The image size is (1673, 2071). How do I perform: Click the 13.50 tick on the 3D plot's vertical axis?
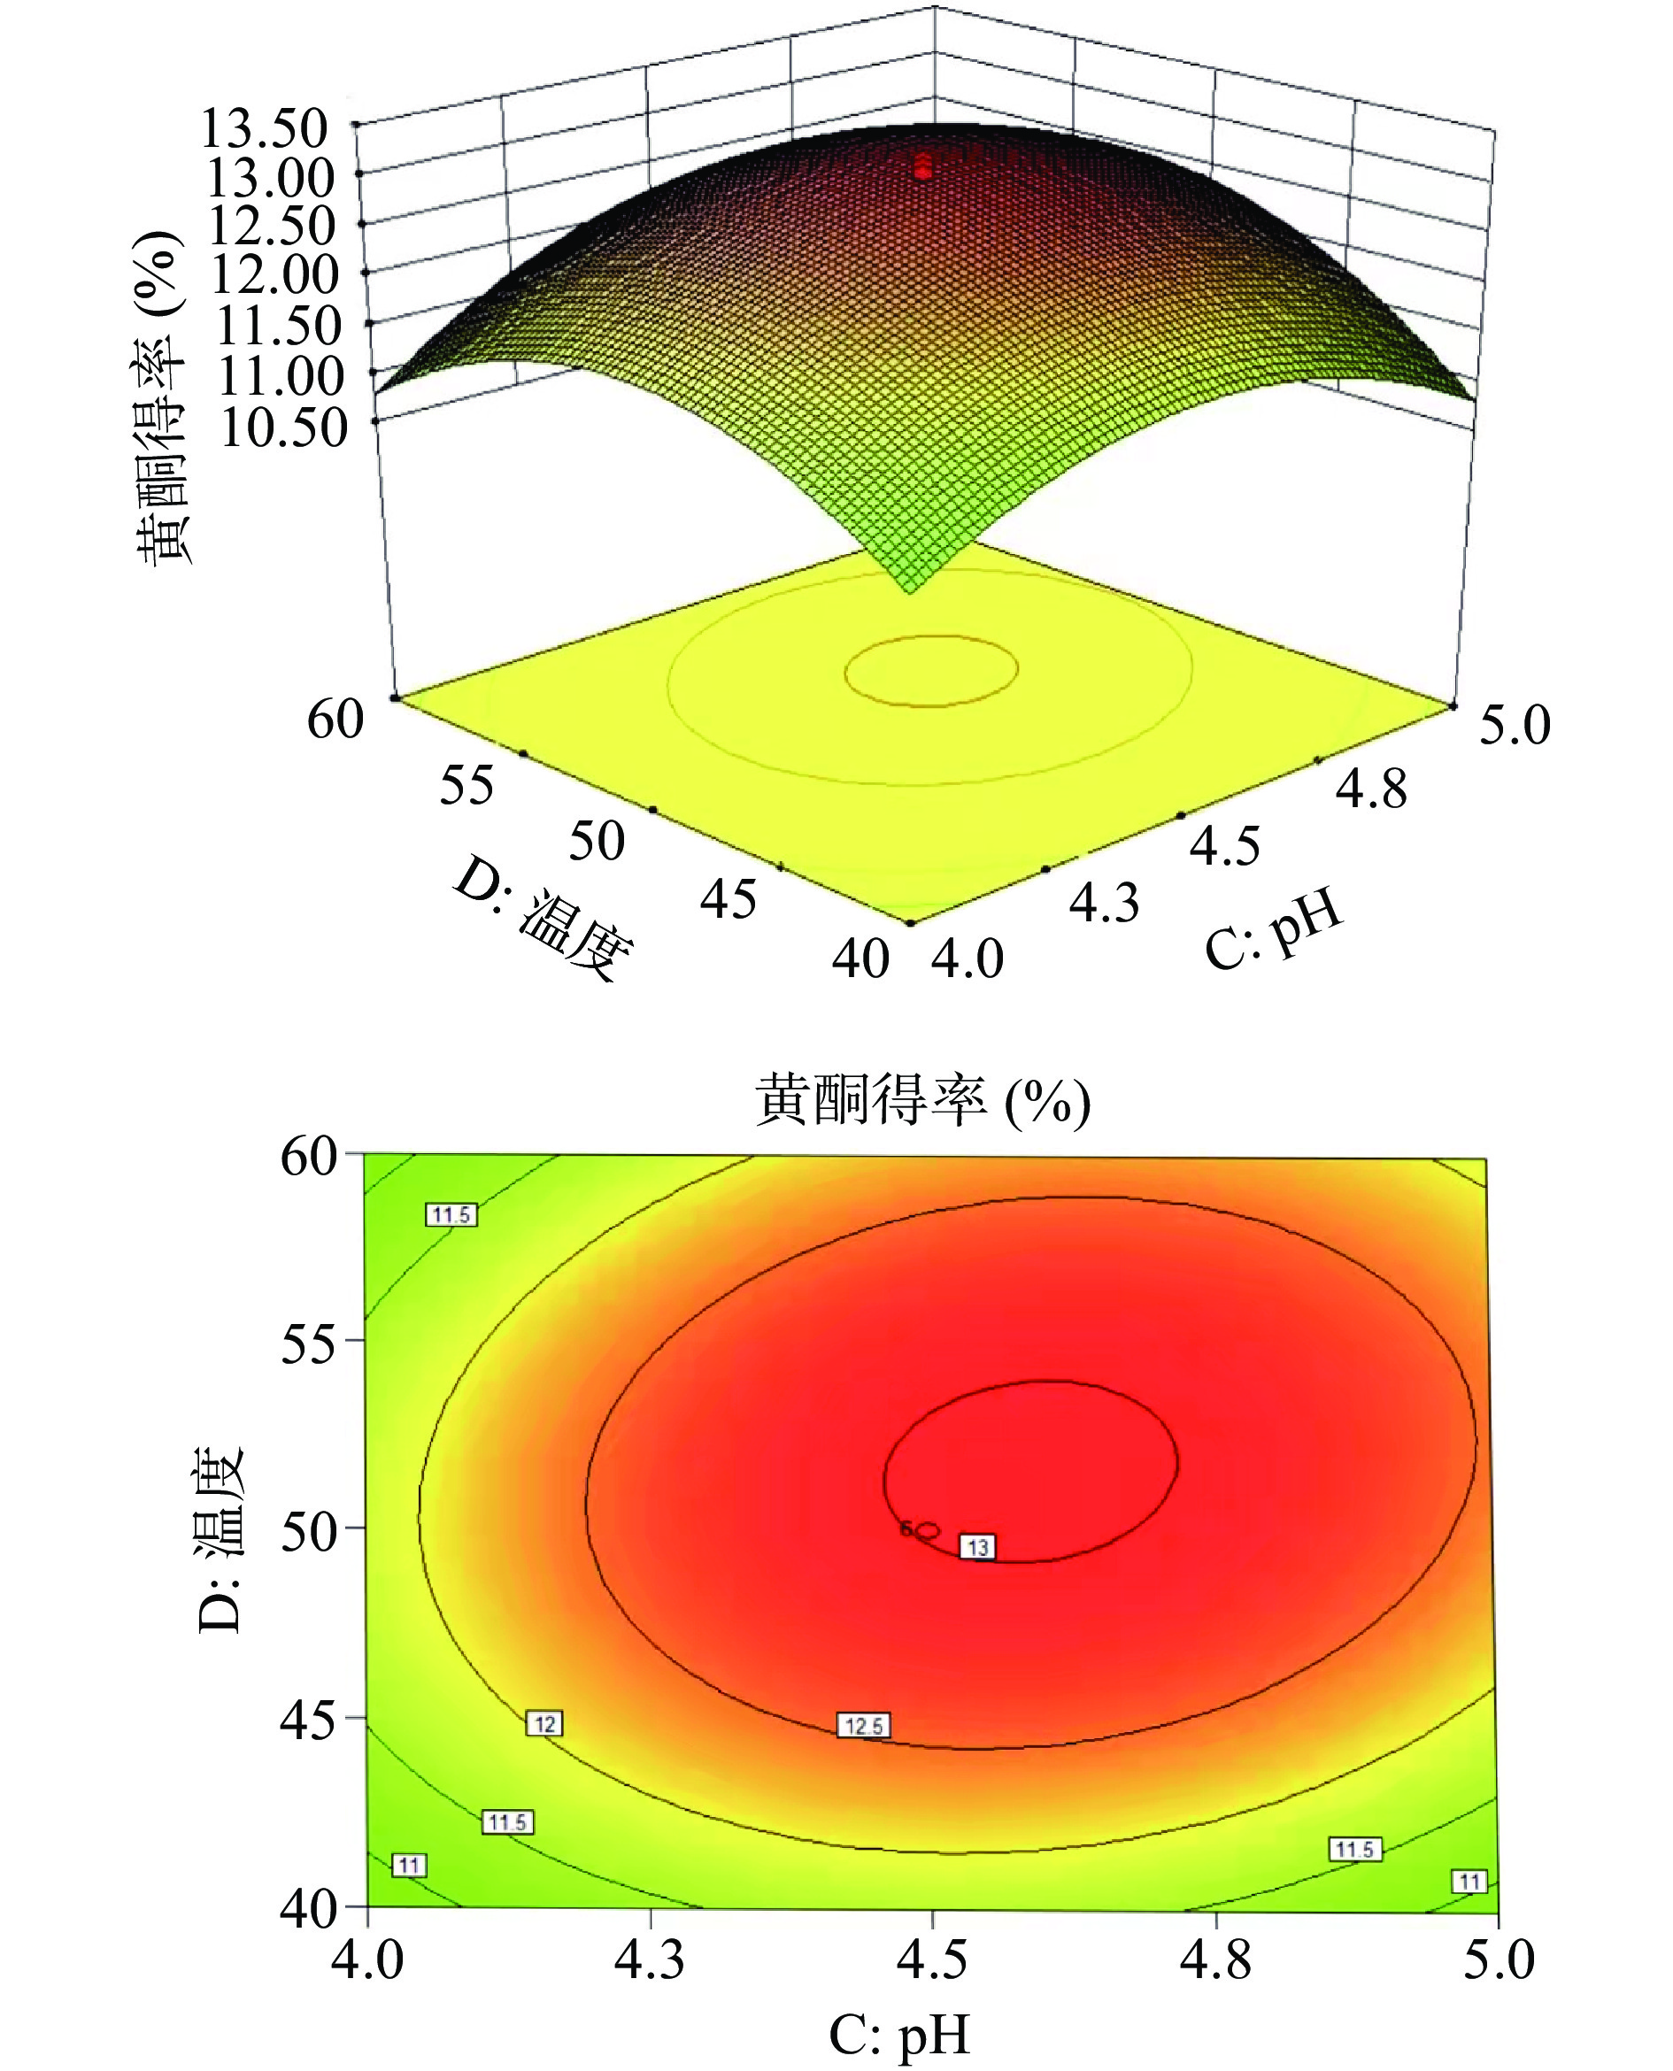(x=265, y=128)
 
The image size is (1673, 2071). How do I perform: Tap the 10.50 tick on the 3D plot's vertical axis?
(x=283, y=427)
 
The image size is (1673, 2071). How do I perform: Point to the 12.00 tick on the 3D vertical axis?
(x=274, y=275)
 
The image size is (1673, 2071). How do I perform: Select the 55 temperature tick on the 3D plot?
(x=467, y=784)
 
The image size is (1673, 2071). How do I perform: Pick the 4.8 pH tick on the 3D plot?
(x=1370, y=789)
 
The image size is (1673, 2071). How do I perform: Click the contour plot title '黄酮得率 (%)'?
(x=922, y=1102)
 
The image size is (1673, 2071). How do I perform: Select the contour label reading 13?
(x=978, y=1547)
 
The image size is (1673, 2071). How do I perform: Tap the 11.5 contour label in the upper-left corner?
(x=451, y=1214)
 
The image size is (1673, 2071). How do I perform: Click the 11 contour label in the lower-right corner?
(x=1469, y=1881)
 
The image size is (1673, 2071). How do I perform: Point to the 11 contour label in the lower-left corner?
(x=409, y=1866)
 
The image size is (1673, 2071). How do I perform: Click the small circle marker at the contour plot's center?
(x=928, y=1529)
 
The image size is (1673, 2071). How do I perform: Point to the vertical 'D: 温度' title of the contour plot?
(x=220, y=1539)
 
